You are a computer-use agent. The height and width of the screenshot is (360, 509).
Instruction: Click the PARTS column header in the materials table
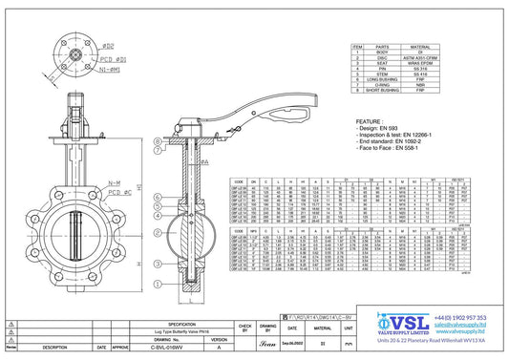[x=383, y=46]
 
